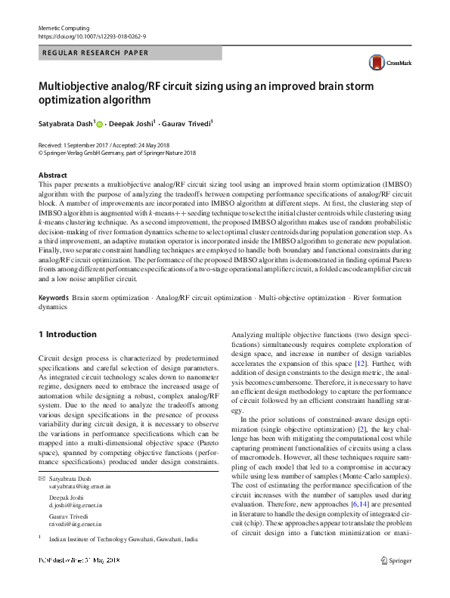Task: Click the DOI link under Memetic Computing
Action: (x=92, y=36)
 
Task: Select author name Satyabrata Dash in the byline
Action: (x=66, y=123)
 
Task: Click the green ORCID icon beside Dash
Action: (x=99, y=124)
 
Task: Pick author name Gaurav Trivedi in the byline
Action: (x=188, y=123)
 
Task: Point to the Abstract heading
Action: (x=52, y=175)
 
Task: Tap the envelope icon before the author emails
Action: (x=41, y=479)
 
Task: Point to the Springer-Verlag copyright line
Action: (x=116, y=152)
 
